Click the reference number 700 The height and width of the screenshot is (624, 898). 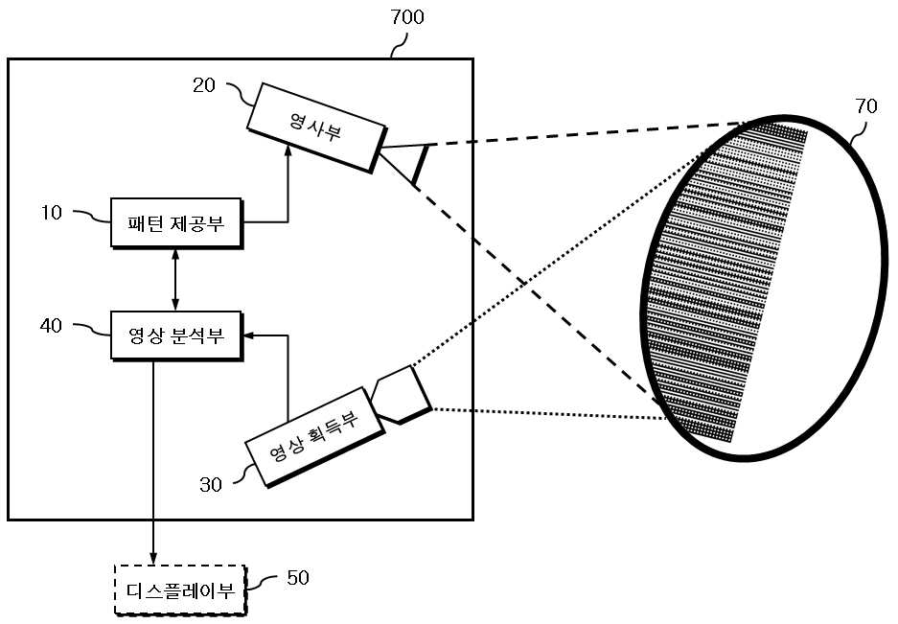click(x=407, y=16)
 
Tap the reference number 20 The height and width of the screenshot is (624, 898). click(x=204, y=85)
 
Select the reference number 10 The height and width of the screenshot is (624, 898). click(x=51, y=213)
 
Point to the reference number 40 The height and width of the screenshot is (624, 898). click(x=51, y=326)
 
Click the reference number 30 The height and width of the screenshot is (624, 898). click(x=210, y=485)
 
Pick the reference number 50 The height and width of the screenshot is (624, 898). click(x=298, y=578)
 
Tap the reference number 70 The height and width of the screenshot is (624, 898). click(x=866, y=106)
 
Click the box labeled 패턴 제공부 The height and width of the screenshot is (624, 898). click(x=176, y=223)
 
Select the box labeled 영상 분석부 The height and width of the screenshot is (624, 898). click(x=176, y=335)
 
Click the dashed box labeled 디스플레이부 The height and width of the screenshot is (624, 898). click(x=181, y=590)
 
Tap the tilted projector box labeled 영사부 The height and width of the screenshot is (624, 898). click(x=316, y=127)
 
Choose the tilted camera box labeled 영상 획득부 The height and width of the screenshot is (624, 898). click(x=313, y=437)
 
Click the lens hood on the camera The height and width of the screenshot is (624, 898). click(x=401, y=394)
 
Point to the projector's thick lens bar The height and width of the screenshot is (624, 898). click(x=421, y=166)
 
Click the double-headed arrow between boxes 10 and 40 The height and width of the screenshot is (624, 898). click(x=175, y=280)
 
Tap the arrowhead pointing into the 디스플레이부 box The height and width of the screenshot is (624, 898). click(x=153, y=558)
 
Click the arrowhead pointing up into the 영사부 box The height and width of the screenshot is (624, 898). click(x=288, y=151)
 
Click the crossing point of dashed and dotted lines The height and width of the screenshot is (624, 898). click(x=522, y=282)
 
